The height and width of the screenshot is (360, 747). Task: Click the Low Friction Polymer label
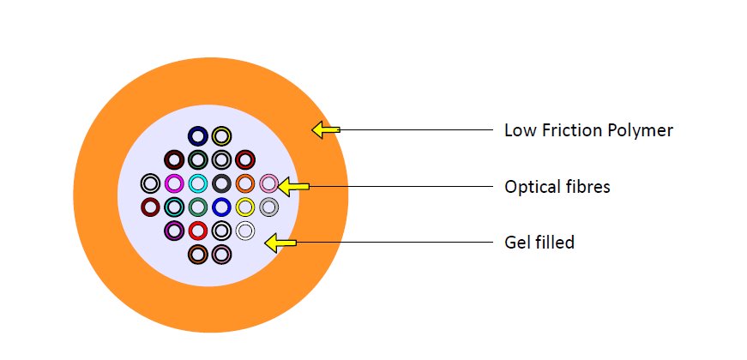(x=588, y=130)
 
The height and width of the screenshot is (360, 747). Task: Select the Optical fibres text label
(x=557, y=187)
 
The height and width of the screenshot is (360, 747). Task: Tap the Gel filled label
(x=539, y=243)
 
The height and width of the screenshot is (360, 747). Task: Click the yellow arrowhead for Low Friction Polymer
(x=325, y=129)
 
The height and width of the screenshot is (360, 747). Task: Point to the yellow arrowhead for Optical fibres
(x=293, y=186)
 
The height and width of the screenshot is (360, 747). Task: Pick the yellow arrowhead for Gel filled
(x=280, y=243)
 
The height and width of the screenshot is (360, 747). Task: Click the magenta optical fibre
(x=174, y=183)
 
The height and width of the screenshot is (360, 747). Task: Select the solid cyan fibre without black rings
(x=198, y=183)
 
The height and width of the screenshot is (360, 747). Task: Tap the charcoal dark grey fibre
(x=221, y=183)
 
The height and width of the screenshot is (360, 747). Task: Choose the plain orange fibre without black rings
(x=245, y=183)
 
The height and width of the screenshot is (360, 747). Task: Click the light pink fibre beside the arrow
(x=268, y=183)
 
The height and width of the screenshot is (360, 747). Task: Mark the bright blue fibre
(x=221, y=207)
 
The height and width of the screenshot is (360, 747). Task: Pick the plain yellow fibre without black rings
(x=245, y=207)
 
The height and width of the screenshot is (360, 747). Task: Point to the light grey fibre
(x=268, y=207)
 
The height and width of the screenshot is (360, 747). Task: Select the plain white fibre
(x=245, y=231)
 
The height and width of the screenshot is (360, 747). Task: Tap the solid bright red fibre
(x=198, y=231)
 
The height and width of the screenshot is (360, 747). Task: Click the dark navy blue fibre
(x=198, y=136)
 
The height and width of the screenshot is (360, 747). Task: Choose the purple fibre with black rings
(x=174, y=231)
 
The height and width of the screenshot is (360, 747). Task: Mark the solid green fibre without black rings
(x=198, y=207)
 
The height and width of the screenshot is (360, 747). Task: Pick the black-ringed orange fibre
(x=198, y=254)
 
